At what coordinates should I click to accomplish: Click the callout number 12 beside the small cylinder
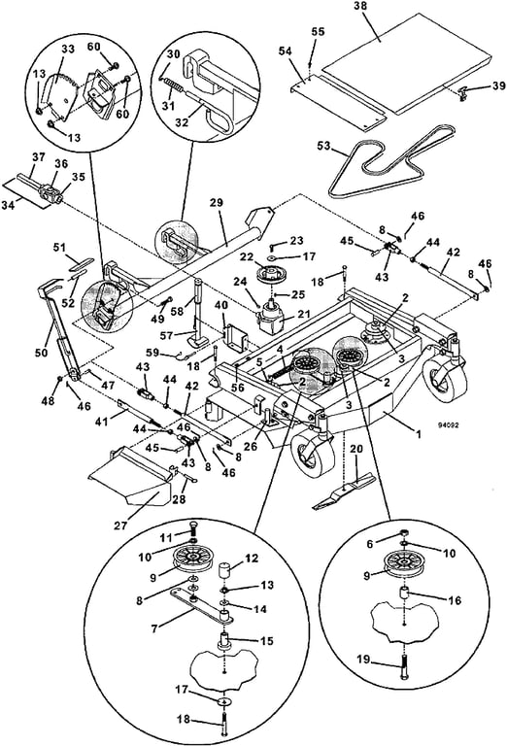click(251, 559)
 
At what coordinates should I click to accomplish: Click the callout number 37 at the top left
click(37, 157)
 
